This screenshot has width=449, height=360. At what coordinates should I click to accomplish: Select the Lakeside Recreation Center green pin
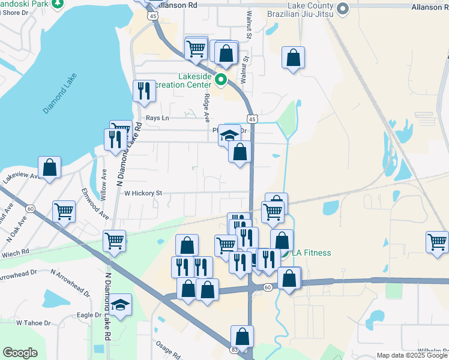pos(221,79)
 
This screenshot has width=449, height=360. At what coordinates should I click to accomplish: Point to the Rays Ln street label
pos(157,118)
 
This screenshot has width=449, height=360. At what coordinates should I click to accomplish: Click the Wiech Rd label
pos(16,252)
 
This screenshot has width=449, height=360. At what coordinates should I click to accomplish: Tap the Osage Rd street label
pos(168,349)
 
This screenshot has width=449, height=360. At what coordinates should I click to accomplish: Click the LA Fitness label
pos(312,253)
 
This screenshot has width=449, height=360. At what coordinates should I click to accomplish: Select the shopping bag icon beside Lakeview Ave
pos(50,168)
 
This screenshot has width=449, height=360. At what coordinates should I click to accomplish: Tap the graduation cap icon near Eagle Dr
pos(121,304)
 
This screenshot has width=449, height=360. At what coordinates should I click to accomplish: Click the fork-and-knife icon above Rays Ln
pos(143,91)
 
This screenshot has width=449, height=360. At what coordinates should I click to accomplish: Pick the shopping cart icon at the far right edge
pos(438,242)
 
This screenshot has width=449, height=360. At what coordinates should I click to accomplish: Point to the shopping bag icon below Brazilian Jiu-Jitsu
pos(294,58)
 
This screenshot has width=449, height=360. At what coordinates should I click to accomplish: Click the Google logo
pos(20,353)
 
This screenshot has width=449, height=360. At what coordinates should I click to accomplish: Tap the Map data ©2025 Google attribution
pos(412,355)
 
